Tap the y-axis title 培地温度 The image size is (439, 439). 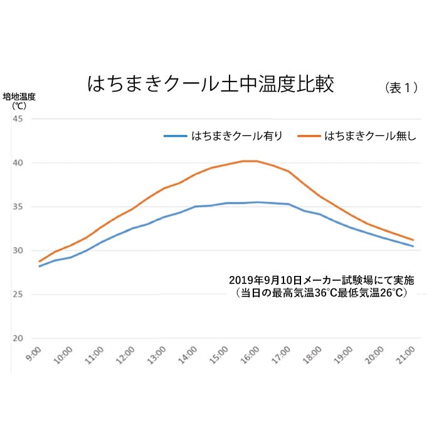[19, 97]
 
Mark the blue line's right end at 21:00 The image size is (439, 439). [413, 246]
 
